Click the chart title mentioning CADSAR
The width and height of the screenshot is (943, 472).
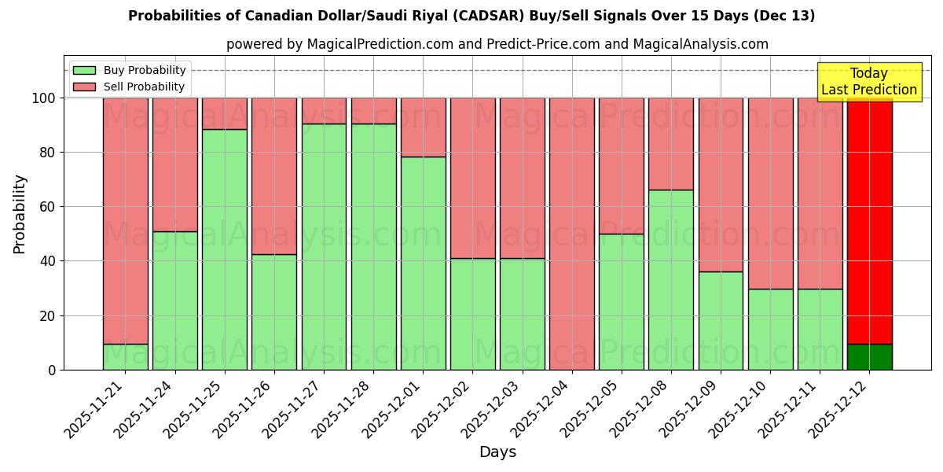coord(472,16)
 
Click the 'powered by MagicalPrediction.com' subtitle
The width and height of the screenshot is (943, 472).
coord(497,44)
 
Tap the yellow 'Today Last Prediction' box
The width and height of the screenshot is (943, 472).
coord(868,82)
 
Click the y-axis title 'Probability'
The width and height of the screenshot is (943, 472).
coord(20,214)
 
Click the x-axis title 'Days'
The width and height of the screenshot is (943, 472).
coord(497,452)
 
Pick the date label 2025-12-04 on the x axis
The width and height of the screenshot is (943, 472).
coord(542,409)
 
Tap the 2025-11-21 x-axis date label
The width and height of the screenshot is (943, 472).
coord(96,409)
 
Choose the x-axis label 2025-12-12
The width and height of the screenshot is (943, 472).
coord(840,409)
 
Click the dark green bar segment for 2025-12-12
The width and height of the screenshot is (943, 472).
coord(869,357)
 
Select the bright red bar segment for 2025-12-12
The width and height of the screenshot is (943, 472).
coord(869,220)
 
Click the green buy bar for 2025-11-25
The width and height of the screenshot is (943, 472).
coord(225,249)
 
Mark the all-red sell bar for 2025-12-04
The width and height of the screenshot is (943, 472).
coord(571,234)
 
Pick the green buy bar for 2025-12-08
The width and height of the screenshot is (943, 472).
coord(670,279)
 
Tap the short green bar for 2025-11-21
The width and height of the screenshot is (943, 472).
coord(125,357)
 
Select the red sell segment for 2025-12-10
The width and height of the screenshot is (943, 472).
coord(770,193)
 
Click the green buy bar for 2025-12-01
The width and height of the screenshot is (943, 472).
coord(423,264)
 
